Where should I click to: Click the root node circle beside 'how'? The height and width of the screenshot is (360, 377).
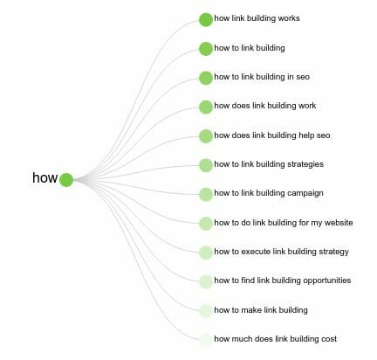coord(66,180)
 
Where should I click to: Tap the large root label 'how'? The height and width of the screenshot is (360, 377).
coord(45,177)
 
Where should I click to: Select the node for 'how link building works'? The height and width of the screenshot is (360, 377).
coord(206,19)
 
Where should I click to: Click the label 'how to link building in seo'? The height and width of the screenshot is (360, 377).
coord(262,77)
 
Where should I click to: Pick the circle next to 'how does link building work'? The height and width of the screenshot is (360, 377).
coord(206,107)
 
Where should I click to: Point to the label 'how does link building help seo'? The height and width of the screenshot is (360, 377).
coord(272,135)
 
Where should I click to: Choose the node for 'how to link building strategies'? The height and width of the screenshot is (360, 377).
coord(206,165)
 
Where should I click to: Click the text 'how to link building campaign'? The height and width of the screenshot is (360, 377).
coord(269,193)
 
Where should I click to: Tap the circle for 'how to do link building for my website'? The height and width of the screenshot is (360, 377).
coord(206,224)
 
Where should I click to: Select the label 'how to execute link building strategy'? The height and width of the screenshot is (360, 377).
coord(282,252)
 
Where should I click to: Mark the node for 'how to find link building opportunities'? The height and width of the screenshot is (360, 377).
coord(206,281)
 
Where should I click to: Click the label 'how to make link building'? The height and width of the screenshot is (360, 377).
coord(261,310)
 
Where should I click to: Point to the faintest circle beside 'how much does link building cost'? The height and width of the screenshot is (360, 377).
coord(206,340)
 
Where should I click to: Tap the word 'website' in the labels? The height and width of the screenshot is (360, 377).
coord(339,223)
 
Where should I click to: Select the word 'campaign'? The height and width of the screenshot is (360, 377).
coord(305,193)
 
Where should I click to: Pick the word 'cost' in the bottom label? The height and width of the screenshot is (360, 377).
coord(329,339)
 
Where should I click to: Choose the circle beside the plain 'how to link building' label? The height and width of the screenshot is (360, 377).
coord(206,49)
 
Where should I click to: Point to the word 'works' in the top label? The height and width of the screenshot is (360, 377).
coord(289,18)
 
